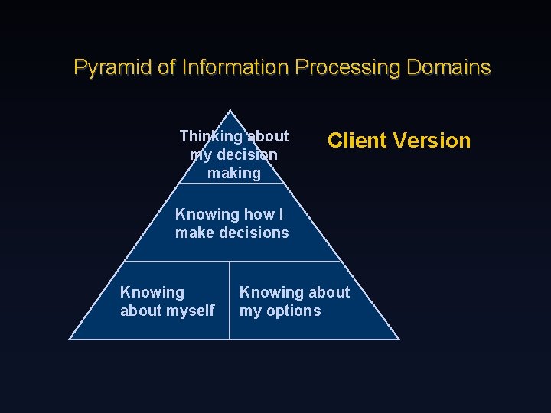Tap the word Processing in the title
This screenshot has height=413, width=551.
click(347, 68)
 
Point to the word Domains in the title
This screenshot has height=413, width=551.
click(448, 68)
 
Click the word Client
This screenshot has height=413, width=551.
click(357, 141)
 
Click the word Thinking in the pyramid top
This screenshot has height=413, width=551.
click(210, 137)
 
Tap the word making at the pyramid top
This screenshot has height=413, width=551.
click(234, 174)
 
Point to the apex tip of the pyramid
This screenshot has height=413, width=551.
click(231, 111)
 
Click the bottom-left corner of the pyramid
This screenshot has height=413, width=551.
click(70, 339)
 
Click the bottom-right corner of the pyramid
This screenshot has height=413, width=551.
click(399, 339)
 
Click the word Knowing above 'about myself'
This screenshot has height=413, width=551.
click(152, 293)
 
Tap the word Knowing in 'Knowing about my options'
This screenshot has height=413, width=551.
click(272, 293)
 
